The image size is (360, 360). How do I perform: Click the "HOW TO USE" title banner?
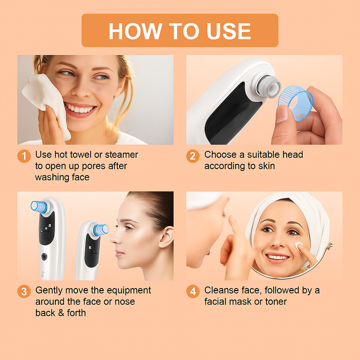(x=180, y=30)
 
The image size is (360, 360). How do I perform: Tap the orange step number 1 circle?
(x=24, y=156)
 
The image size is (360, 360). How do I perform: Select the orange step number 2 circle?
(x=193, y=156)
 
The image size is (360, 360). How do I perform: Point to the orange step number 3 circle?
(x=24, y=292)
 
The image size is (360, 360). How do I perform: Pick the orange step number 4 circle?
(x=193, y=292)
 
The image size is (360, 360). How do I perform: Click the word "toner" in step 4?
(x=276, y=302)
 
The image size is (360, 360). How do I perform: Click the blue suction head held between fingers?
(x=295, y=103)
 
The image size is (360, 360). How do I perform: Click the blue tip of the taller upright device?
(x=39, y=206)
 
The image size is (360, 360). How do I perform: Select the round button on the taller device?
(x=44, y=256)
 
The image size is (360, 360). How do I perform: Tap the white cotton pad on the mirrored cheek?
(x=299, y=246)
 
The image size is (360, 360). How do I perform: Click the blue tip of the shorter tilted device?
(x=101, y=230)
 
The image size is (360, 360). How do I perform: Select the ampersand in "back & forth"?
(x=61, y=313)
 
